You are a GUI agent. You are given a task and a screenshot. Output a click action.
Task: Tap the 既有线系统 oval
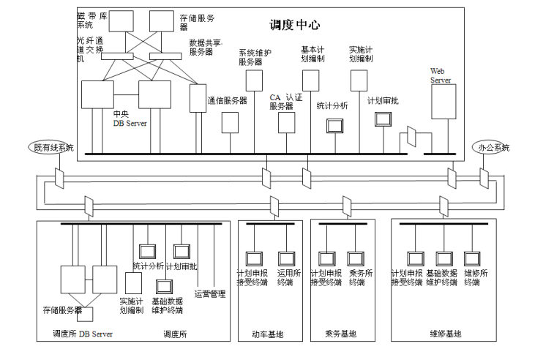pos(53,147)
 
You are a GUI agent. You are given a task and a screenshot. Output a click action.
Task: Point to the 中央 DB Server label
pos(130,119)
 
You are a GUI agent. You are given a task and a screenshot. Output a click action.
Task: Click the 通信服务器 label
pos(227,100)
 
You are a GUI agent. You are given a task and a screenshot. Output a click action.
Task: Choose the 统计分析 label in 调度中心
pos(332,105)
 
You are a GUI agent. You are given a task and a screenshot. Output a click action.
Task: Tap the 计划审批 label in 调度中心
pos(382,101)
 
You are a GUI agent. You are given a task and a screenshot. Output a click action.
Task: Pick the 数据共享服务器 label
pos(207,48)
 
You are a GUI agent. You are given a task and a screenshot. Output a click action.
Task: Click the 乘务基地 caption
pos(340,334)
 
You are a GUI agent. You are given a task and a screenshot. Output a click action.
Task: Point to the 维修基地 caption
pos(446,334)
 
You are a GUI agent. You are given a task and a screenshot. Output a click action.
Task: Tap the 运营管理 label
pos(210,294)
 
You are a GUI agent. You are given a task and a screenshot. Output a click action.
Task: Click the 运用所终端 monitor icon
pos(285,258)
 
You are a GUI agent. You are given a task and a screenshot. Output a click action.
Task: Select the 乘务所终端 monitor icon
pos(356,258)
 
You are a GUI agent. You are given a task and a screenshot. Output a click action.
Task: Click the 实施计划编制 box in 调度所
pos(133,283)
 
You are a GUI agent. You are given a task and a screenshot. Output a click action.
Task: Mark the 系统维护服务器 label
pos(254,57)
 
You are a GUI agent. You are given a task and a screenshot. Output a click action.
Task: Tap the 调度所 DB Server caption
pos(83,334)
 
